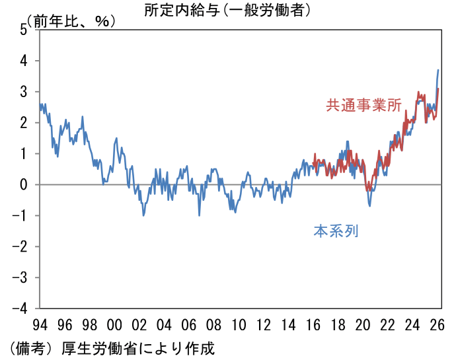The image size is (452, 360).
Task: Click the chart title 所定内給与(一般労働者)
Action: (x=227, y=10)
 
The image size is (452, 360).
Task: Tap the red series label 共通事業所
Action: (x=363, y=105)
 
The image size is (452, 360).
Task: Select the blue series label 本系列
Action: (x=336, y=232)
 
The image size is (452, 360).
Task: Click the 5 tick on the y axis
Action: (x=24, y=30)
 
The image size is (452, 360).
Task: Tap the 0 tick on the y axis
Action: (x=24, y=185)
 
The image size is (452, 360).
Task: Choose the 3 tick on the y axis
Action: (x=24, y=92)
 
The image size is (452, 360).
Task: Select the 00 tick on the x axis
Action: (x=114, y=326)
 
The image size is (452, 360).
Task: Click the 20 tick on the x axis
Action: (x=363, y=326)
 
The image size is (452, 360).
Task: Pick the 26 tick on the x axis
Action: (x=437, y=326)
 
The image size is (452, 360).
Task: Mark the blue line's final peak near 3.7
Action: (x=437, y=70)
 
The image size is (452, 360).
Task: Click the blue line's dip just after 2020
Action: (x=369, y=205)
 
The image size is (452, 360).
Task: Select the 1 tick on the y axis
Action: (x=24, y=154)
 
